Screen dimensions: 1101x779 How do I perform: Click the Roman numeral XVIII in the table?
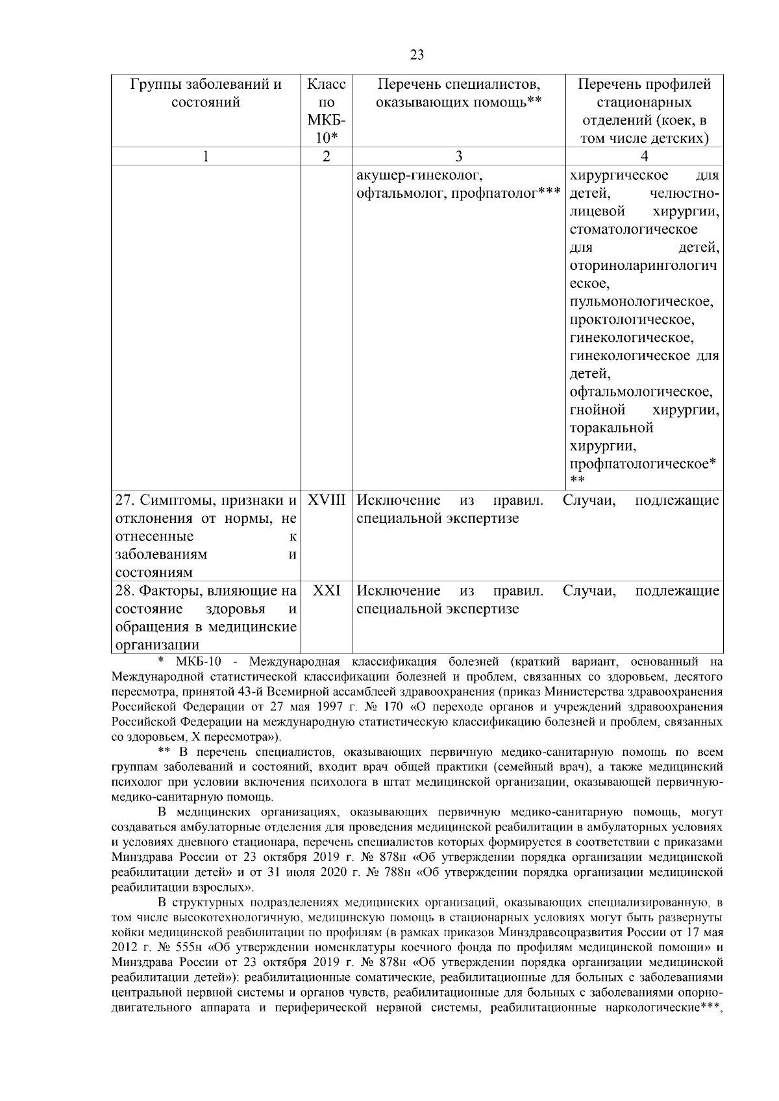(x=326, y=501)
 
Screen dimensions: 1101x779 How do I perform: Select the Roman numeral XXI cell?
(x=326, y=591)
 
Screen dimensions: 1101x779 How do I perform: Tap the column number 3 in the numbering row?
(x=458, y=156)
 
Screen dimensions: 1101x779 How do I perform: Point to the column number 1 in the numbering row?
(x=206, y=156)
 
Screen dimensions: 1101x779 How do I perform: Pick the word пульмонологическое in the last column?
(x=641, y=302)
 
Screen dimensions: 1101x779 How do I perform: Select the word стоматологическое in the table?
(x=634, y=230)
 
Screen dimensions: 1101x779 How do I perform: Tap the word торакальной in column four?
(x=612, y=428)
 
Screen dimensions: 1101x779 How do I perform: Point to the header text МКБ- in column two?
(x=326, y=121)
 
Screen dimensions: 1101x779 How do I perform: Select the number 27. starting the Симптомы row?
(x=125, y=501)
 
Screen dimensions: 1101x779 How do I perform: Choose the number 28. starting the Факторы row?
(x=125, y=591)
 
